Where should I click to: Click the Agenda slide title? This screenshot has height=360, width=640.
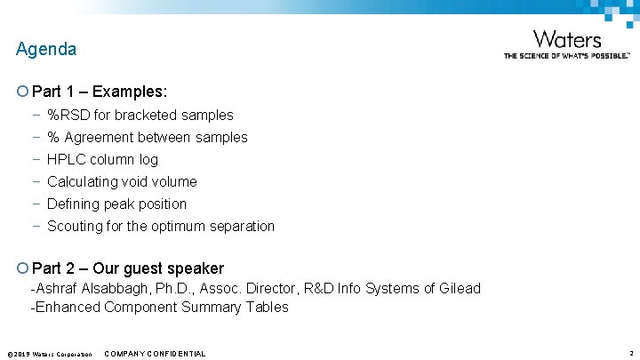coord(46,50)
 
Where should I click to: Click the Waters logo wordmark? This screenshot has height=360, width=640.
coord(566,40)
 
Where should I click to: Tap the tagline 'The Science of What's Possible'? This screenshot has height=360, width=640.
coord(566,55)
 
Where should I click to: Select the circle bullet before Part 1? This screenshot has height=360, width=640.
coord(21,92)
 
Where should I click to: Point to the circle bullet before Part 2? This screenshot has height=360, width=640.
coord(21,268)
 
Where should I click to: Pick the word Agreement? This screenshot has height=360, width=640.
coord(101,137)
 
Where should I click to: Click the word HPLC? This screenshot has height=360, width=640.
coord(65,159)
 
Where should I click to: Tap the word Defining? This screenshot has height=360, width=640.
coord(75,204)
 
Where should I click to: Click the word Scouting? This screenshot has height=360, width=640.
coord(76,226)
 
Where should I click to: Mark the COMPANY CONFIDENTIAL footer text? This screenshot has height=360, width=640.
coord(155,354)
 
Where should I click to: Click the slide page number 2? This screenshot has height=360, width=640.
coord(630,353)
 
